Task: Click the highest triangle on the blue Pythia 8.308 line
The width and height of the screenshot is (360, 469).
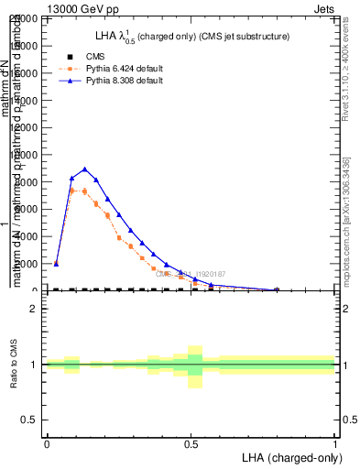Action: tap(84, 169)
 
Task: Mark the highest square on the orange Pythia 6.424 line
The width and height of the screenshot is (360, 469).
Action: tap(72, 191)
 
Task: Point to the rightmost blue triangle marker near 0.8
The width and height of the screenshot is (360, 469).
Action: tap(277, 289)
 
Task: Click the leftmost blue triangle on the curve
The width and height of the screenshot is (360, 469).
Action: tap(56, 263)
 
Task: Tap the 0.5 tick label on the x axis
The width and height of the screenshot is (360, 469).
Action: tap(191, 443)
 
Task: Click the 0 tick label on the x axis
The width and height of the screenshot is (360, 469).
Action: tap(47, 443)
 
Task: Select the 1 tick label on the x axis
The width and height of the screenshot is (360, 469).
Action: tap(335, 443)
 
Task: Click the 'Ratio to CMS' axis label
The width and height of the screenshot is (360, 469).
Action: tap(14, 365)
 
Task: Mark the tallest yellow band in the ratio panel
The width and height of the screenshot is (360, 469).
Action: tap(195, 366)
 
